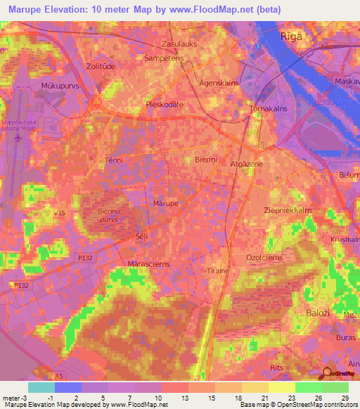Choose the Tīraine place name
pyautogui.click(x=218, y=271)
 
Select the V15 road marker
pyautogui.click(x=59, y=213)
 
